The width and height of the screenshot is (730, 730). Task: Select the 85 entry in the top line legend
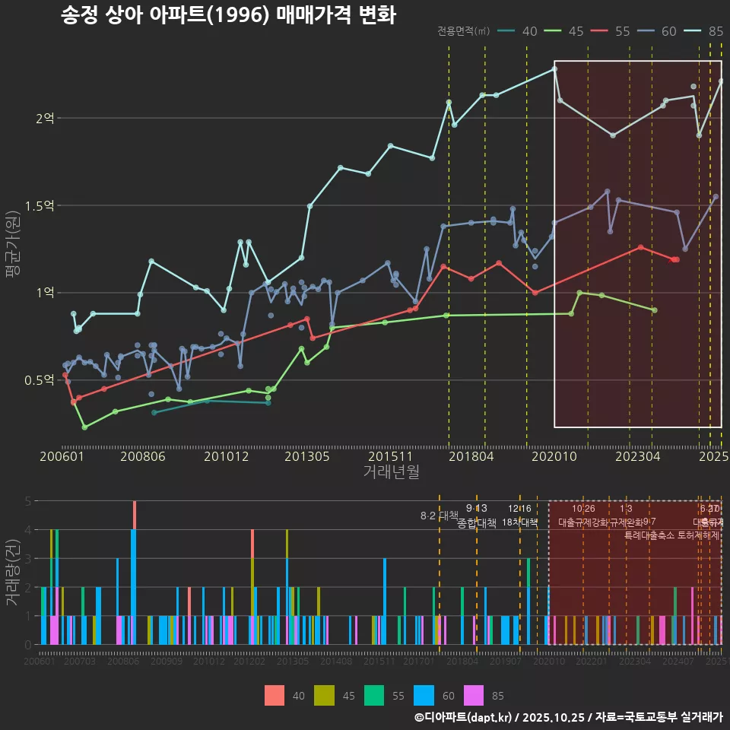(x=716, y=31)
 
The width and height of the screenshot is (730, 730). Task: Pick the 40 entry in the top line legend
(x=530, y=31)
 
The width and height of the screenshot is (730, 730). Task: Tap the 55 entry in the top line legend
(x=622, y=31)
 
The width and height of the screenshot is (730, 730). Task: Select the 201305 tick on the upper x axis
(x=306, y=457)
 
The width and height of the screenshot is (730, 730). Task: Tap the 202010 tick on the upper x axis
(x=554, y=457)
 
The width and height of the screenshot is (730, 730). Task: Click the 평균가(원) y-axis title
(x=13, y=248)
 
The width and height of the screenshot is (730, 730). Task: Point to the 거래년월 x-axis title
(x=391, y=472)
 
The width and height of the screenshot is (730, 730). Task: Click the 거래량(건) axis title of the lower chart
(x=13, y=573)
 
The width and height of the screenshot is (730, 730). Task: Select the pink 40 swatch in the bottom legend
(x=275, y=695)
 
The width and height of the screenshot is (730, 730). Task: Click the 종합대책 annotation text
(x=476, y=523)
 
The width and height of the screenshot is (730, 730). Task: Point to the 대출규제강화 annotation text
(x=583, y=523)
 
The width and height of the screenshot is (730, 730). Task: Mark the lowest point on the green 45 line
(x=84, y=427)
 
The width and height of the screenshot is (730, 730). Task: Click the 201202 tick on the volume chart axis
(x=249, y=662)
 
